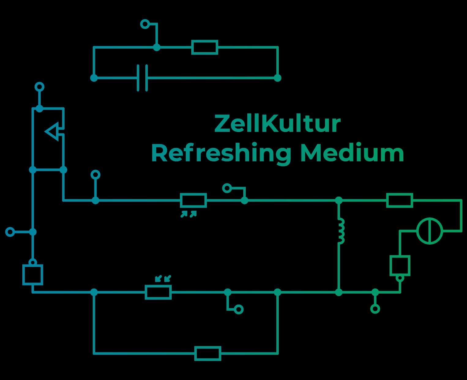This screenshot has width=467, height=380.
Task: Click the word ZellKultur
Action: point(277,124)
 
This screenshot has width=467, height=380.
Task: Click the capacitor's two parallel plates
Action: point(142,78)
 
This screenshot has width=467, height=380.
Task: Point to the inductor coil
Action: point(341,231)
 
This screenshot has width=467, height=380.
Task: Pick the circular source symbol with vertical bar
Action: point(430,231)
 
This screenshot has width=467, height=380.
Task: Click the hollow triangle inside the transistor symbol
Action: point(53,132)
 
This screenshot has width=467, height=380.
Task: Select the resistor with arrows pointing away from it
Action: point(193,201)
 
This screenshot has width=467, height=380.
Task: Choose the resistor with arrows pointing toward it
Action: point(158,292)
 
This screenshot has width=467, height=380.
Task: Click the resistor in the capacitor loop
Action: point(205,47)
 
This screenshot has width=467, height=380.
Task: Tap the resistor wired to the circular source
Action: point(399,200)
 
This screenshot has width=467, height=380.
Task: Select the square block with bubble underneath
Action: point(400,265)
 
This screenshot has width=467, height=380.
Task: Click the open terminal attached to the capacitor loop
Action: point(145,24)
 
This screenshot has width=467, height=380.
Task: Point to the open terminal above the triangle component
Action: point(39,87)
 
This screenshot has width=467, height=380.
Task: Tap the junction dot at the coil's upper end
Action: point(338,200)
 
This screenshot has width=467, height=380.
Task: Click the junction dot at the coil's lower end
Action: point(338,292)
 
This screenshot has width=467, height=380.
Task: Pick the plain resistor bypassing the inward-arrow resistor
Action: point(208,353)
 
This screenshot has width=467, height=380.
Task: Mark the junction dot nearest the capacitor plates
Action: point(94,78)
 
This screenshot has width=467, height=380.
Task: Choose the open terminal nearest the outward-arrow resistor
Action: point(227,188)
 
